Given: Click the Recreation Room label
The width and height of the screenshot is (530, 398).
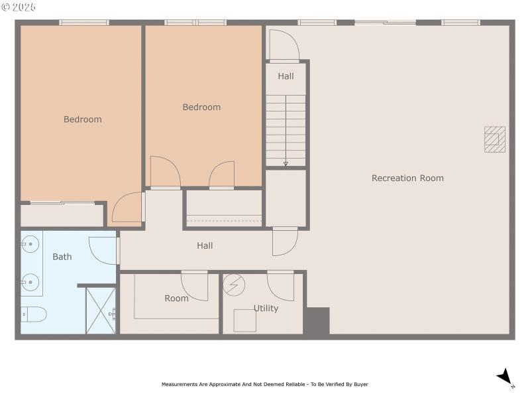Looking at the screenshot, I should (x=407, y=178).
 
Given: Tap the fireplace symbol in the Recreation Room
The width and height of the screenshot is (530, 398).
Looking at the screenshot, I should (x=494, y=139).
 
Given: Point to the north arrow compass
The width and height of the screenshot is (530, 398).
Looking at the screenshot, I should (x=505, y=377).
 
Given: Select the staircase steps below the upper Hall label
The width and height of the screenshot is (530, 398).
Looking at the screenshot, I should (x=286, y=130).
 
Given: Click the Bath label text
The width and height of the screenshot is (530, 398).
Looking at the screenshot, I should (x=62, y=257).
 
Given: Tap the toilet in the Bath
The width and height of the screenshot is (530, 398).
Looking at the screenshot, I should (x=33, y=314).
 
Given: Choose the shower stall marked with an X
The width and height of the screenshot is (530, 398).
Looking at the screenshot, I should (x=101, y=310).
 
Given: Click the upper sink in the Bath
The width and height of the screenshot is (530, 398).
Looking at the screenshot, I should (x=30, y=244).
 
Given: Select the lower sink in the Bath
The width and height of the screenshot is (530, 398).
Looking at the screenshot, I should (x=30, y=283).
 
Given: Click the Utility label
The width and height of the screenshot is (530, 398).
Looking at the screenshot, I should (x=266, y=308).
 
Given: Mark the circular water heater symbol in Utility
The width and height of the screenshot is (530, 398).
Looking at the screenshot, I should (x=234, y=285).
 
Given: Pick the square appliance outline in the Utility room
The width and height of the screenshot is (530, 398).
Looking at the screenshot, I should (x=244, y=321).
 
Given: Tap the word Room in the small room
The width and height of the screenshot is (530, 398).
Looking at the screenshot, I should (x=176, y=298).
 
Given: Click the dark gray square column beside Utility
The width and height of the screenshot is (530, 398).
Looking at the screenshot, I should (x=317, y=321).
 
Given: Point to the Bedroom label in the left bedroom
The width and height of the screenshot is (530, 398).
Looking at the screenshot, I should (x=83, y=119).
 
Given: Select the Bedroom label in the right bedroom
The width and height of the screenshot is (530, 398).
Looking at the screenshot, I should (x=201, y=107).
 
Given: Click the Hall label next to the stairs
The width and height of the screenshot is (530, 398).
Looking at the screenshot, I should (x=286, y=76).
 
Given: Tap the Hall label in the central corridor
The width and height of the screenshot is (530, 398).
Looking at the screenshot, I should (x=205, y=245).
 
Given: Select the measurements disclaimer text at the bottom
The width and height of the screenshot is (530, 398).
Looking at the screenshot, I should (x=264, y=384).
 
